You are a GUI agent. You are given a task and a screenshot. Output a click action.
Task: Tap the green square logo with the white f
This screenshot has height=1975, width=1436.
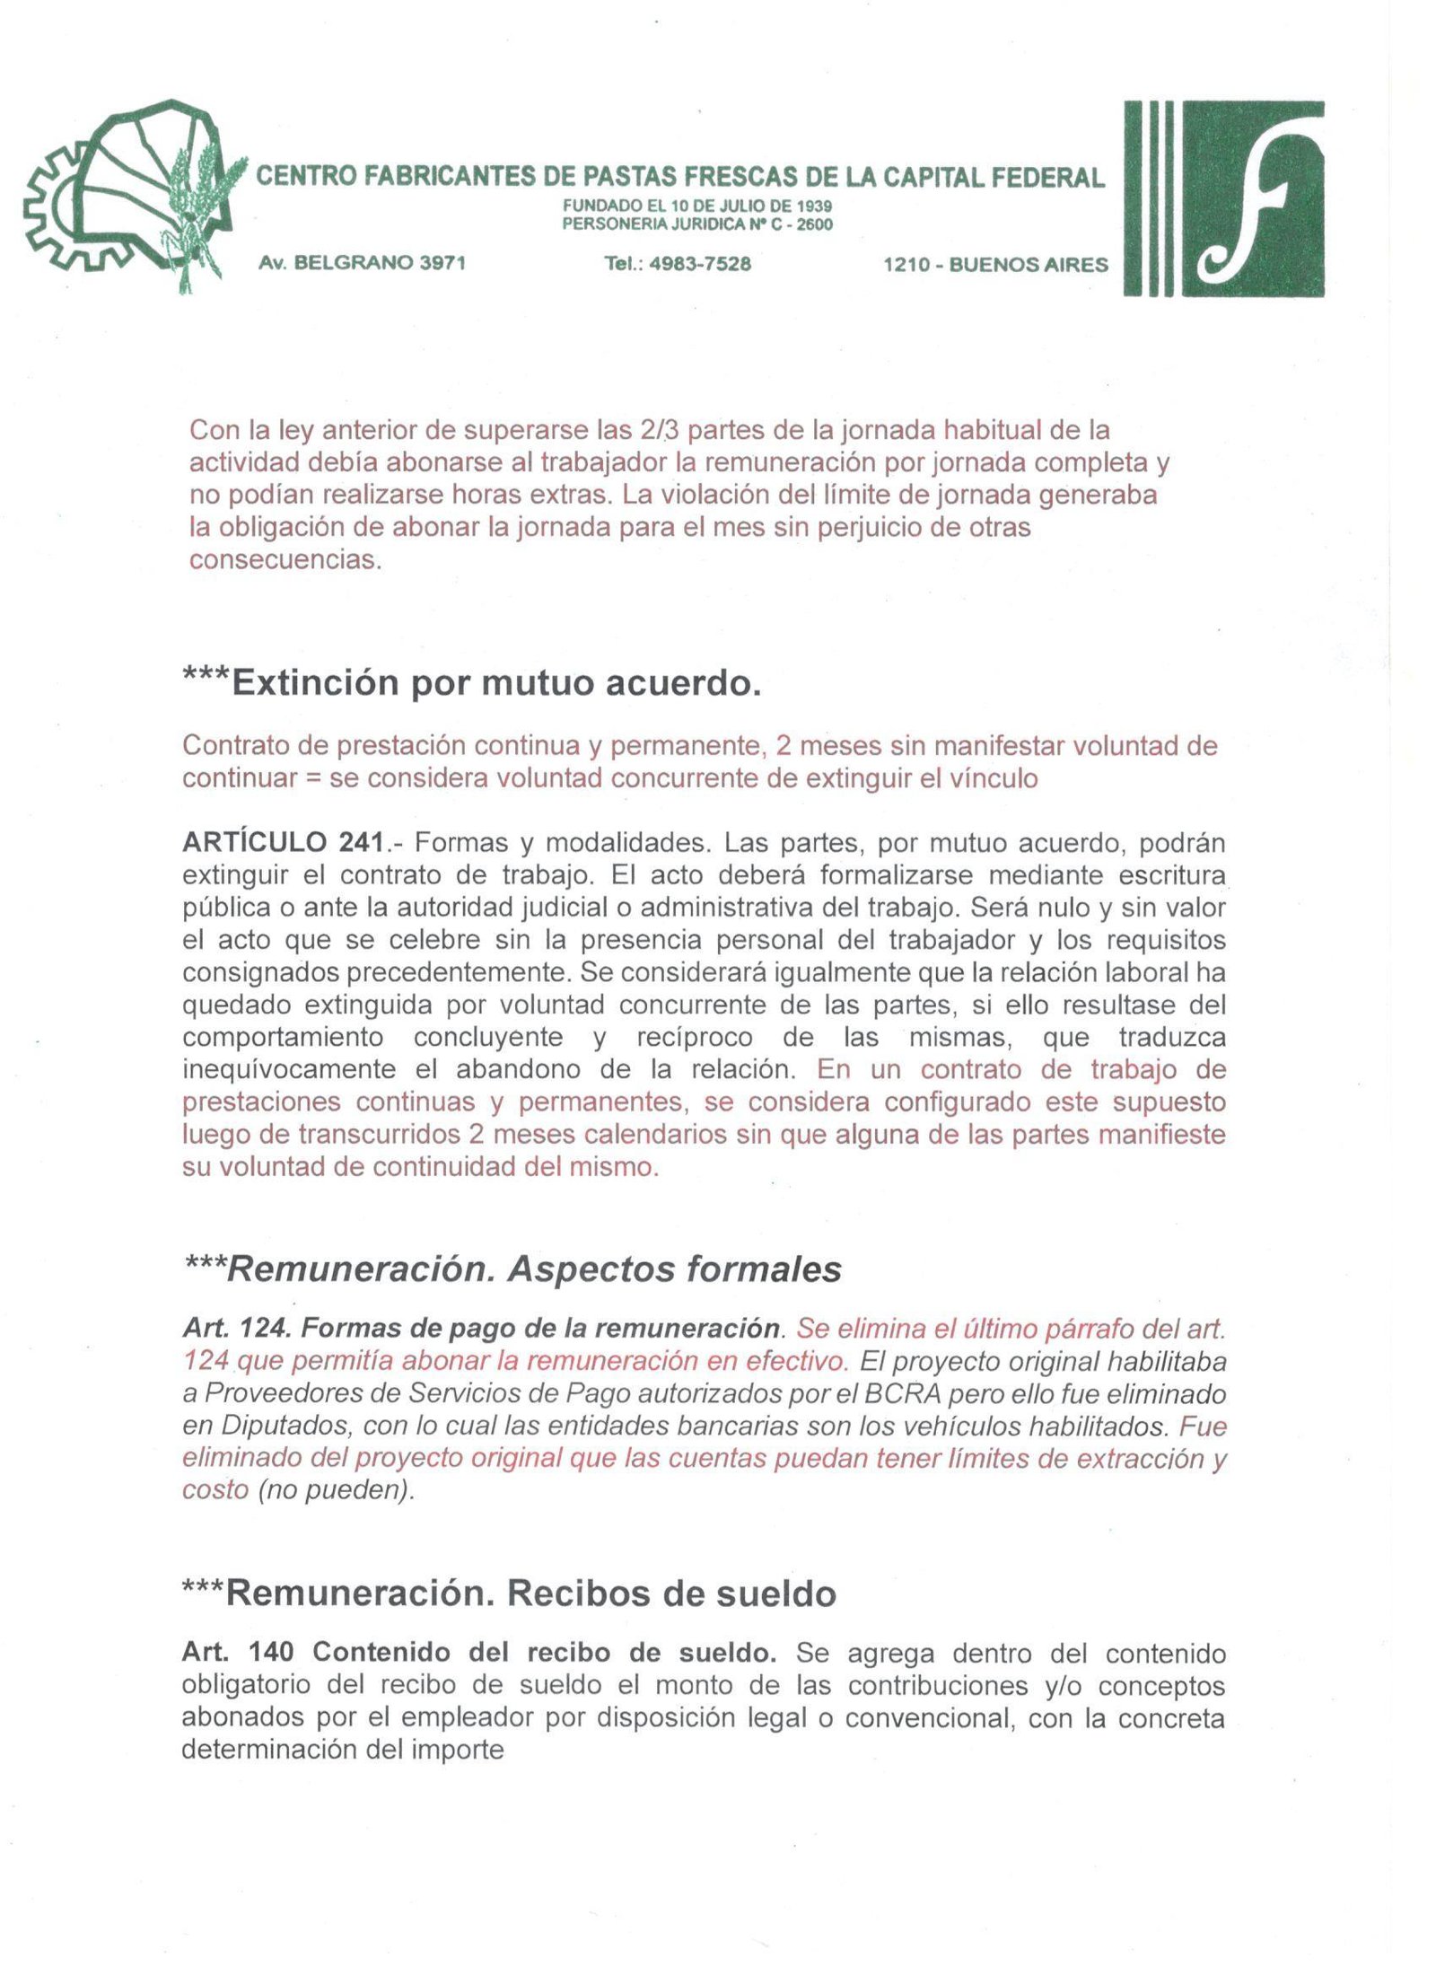pos(1252,198)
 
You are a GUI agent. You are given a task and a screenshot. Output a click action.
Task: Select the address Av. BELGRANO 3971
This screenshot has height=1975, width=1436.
pos(362,263)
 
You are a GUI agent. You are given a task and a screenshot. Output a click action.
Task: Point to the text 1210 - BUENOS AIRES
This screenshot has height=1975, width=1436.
pos(995,265)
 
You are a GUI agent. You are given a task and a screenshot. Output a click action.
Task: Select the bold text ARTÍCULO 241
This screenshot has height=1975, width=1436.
pos(285,843)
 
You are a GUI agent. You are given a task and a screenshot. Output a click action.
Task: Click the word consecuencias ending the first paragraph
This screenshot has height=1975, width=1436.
pos(284,559)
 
